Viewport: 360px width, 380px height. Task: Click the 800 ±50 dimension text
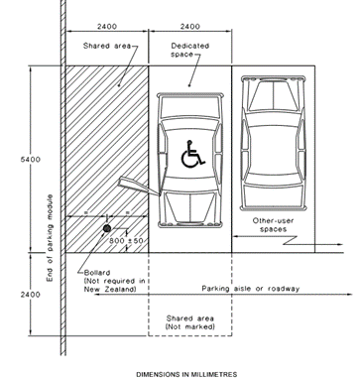tap(127, 242)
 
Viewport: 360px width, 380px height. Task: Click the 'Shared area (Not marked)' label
tap(188, 323)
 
